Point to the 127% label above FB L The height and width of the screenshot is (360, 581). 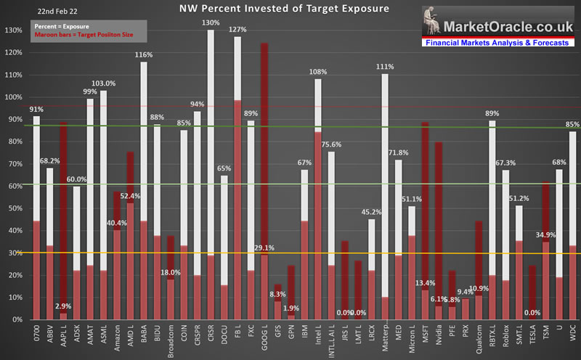click(x=237, y=30)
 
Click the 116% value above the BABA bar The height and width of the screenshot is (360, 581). click(x=144, y=55)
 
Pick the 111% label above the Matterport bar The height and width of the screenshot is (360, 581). click(x=385, y=67)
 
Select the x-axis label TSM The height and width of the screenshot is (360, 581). click(x=546, y=335)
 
